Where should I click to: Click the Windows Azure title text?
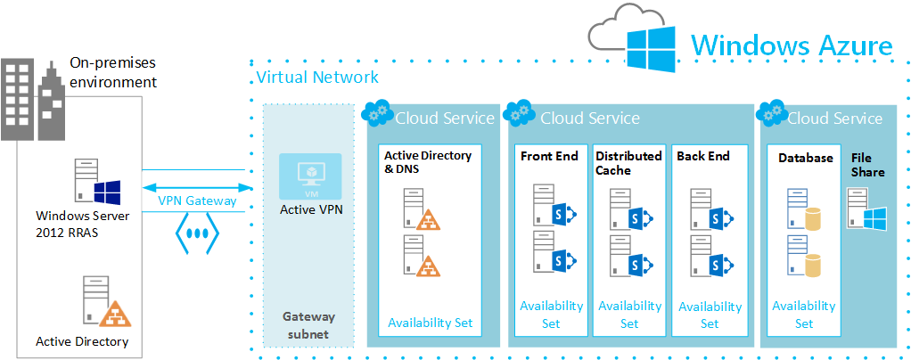(792, 45)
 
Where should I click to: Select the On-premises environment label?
(113, 73)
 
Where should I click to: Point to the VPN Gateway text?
(197, 200)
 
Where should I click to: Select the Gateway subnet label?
(308, 325)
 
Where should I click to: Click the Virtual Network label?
(317, 78)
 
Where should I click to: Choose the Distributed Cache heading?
(628, 163)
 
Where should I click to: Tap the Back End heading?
(703, 156)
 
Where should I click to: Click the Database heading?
(805, 158)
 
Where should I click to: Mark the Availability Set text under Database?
(804, 315)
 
